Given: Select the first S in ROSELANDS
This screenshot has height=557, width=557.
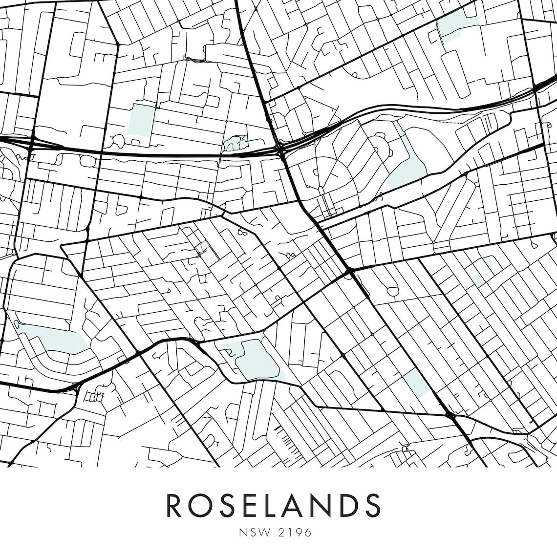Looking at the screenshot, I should [230, 505].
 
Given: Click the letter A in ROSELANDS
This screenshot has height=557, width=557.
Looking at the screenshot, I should [299, 505].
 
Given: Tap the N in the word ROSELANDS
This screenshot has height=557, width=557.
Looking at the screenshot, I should [326, 505].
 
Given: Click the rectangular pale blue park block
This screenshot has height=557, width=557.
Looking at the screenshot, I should [141, 119].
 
